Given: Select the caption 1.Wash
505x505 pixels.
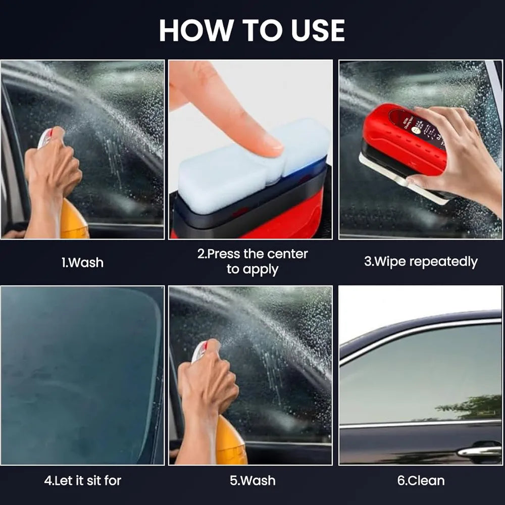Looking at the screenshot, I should [82, 263].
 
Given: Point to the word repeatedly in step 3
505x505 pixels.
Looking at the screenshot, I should [443, 262].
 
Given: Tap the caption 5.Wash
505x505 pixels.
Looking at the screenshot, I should [252, 480].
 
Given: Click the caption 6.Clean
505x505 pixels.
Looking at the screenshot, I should [421, 480].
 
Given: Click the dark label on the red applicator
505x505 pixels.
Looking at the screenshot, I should [417, 126].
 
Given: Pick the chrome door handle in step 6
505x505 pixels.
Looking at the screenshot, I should [479, 450].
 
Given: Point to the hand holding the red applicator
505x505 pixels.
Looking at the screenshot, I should [454, 157].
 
